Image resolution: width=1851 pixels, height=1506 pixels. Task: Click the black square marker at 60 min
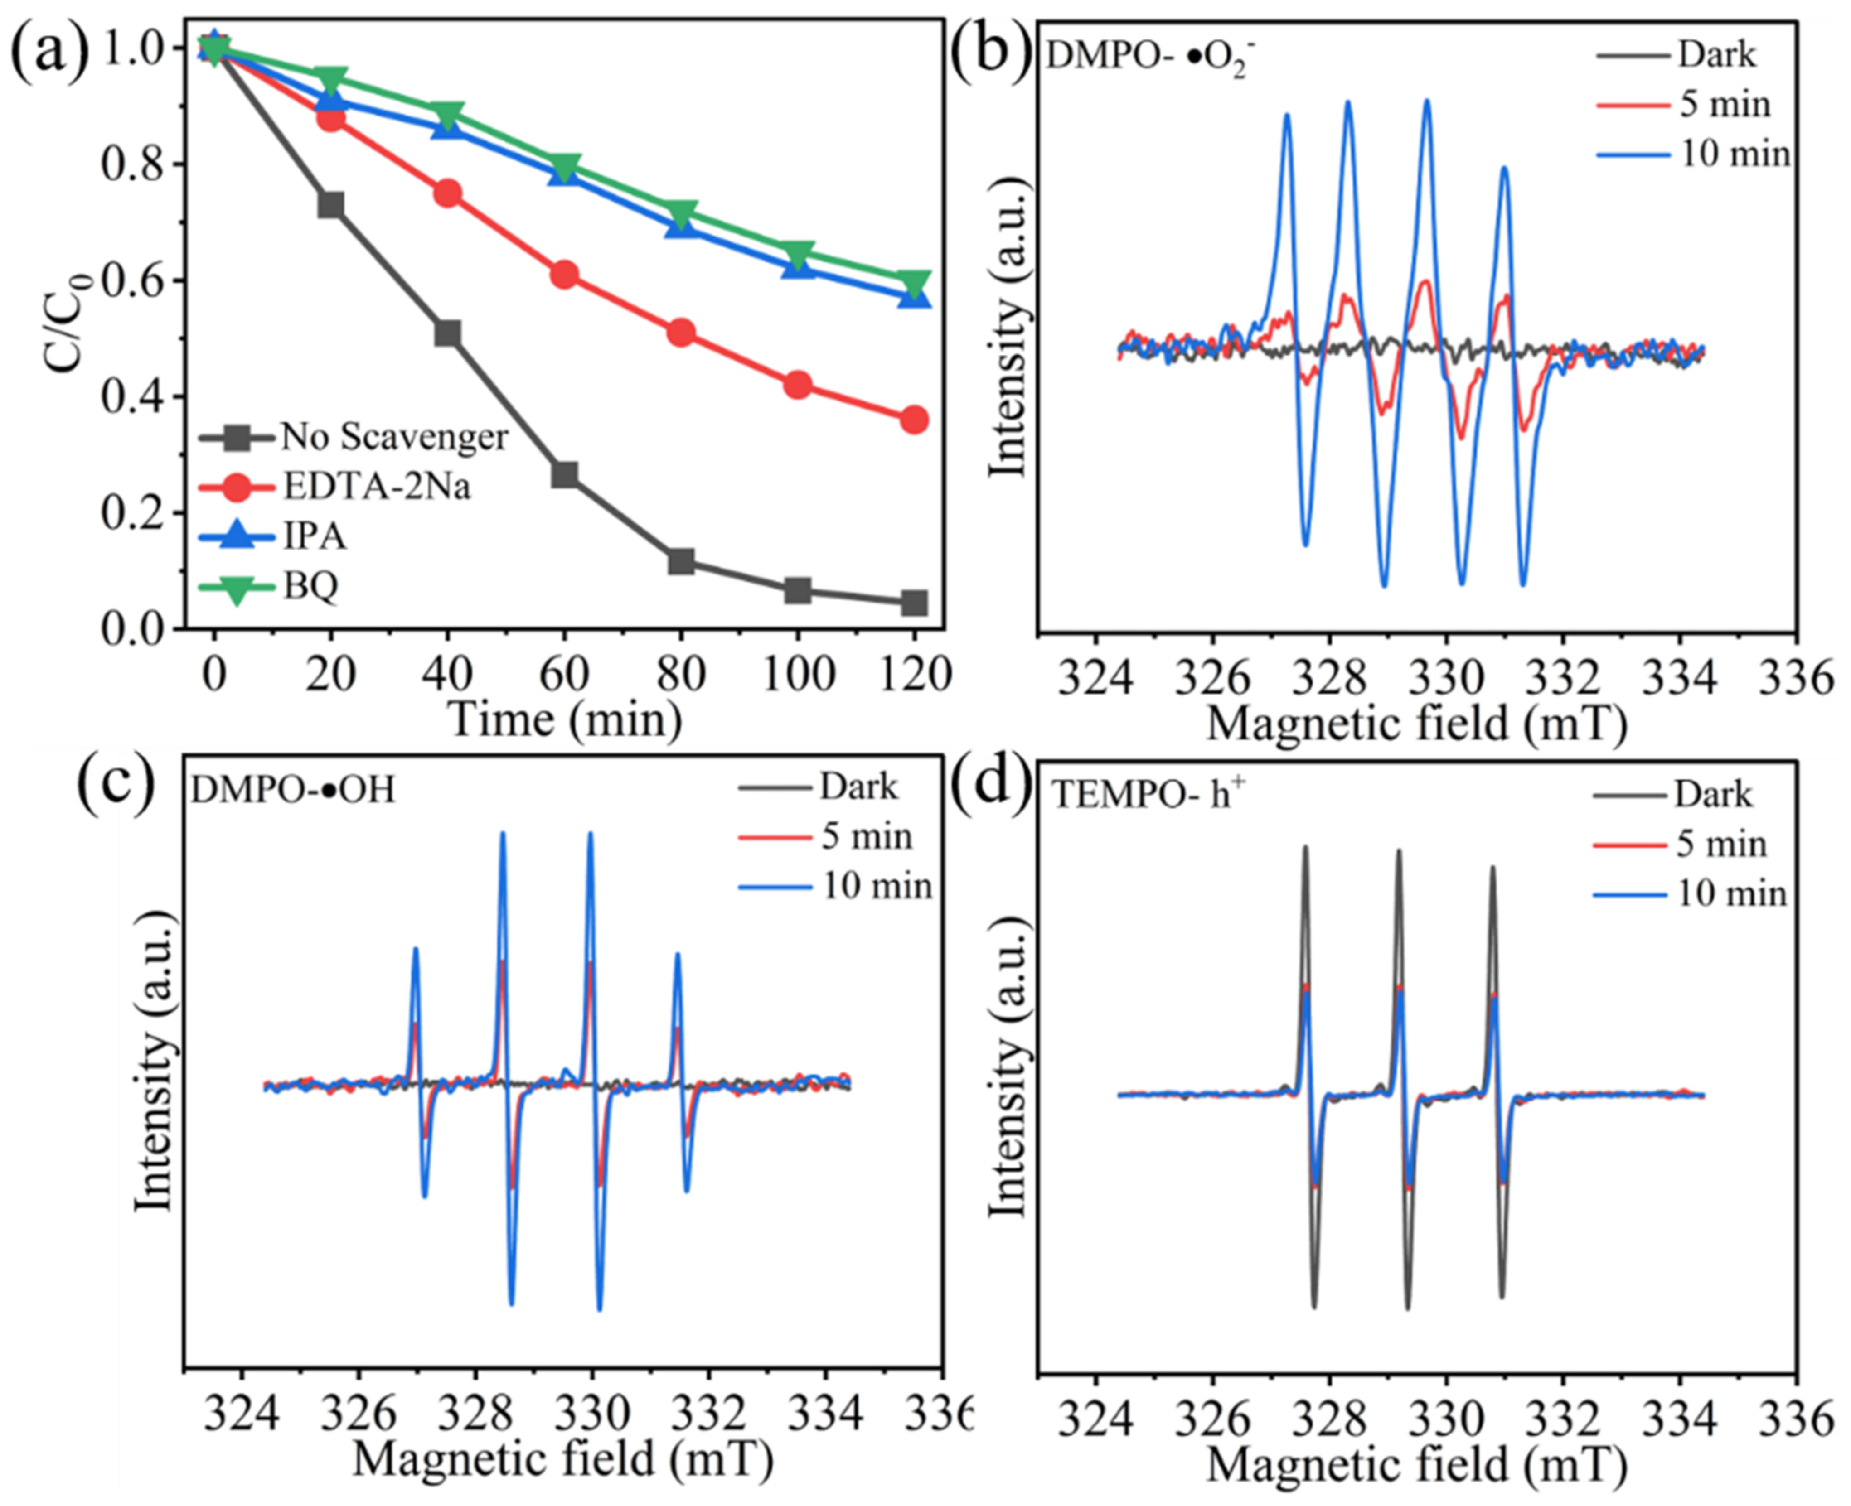[x=564, y=474]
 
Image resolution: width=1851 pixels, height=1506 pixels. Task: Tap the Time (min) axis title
[x=564, y=719]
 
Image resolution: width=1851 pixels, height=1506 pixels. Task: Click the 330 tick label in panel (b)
[x=1446, y=677]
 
